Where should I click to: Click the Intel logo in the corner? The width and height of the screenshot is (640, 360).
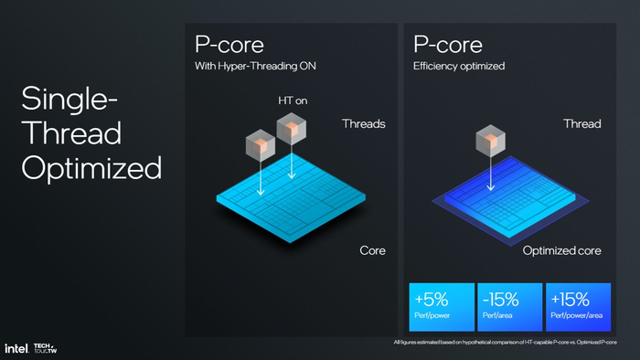pyautogui.click(x=16, y=348)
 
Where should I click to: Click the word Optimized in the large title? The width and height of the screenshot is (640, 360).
pyautogui.click(x=91, y=167)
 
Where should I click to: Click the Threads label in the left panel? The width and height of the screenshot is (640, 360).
pyautogui.click(x=364, y=123)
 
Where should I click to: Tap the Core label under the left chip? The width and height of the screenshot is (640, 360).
pyautogui.click(x=372, y=250)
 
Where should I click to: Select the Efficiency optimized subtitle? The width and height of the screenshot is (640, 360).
pyautogui.click(x=459, y=67)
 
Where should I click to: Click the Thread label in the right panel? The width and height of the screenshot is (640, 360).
pyautogui.click(x=581, y=123)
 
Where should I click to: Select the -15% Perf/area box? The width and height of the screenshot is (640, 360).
pyautogui.click(x=509, y=305)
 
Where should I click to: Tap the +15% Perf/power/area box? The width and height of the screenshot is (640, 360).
pyautogui.click(x=578, y=305)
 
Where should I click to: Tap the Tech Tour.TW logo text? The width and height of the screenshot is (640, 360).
pyautogui.click(x=46, y=348)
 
